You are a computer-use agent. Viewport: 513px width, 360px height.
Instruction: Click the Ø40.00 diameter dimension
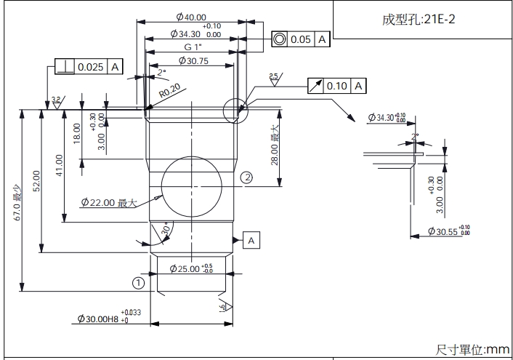pos(191,17)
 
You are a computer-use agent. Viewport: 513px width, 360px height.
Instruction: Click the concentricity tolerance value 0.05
pos(300,39)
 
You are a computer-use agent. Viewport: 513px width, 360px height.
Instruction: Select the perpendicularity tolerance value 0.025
pos(90,68)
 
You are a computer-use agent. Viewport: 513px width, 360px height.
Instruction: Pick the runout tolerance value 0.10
pos(337,86)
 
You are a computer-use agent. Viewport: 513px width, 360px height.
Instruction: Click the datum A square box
pos(251,239)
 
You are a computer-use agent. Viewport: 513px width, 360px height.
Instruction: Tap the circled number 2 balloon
pos(247,177)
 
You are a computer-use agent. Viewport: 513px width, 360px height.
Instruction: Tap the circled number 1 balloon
pos(138,281)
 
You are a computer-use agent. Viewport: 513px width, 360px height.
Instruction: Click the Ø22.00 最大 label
pos(109,202)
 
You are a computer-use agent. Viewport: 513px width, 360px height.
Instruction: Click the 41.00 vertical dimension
pos(59,166)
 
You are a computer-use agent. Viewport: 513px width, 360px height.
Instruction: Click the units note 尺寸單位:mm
pos(473,350)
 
